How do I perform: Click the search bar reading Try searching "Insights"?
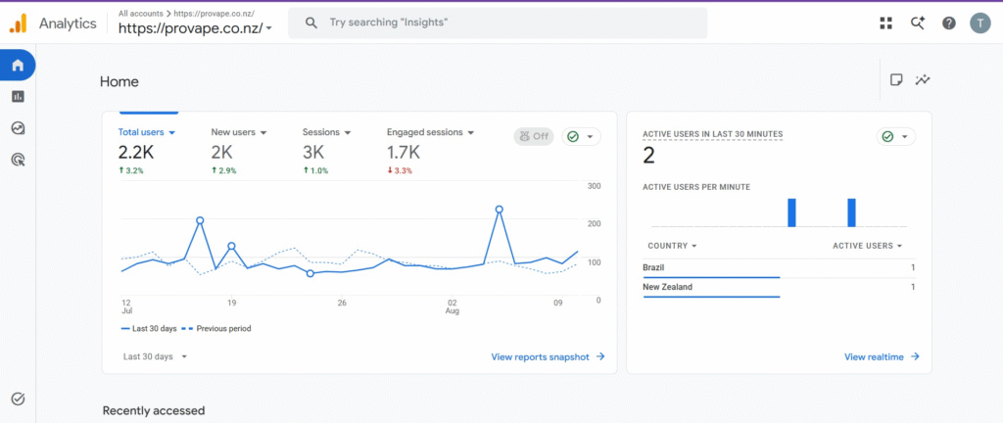click(497, 23)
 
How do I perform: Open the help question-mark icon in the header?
click(948, 23)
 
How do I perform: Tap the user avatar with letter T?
click(979, 23)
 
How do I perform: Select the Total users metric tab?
click(147, 132)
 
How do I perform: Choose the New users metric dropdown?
click(239, 132)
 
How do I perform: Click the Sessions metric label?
click(320, 132)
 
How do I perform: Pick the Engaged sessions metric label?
click(425, 132)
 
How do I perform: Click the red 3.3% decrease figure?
click(400, 170)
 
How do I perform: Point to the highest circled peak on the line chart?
click(499, 209)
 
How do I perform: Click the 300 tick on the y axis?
click(595, 186)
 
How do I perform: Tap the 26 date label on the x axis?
click(342, 303)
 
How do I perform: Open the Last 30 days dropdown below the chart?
click(155, 356)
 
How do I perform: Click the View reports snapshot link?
click(548, 357)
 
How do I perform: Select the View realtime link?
click(882, 357)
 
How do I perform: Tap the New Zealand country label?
click(667, 287)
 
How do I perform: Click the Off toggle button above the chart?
click(534, 136)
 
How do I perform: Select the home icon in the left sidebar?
click(18, 65)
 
